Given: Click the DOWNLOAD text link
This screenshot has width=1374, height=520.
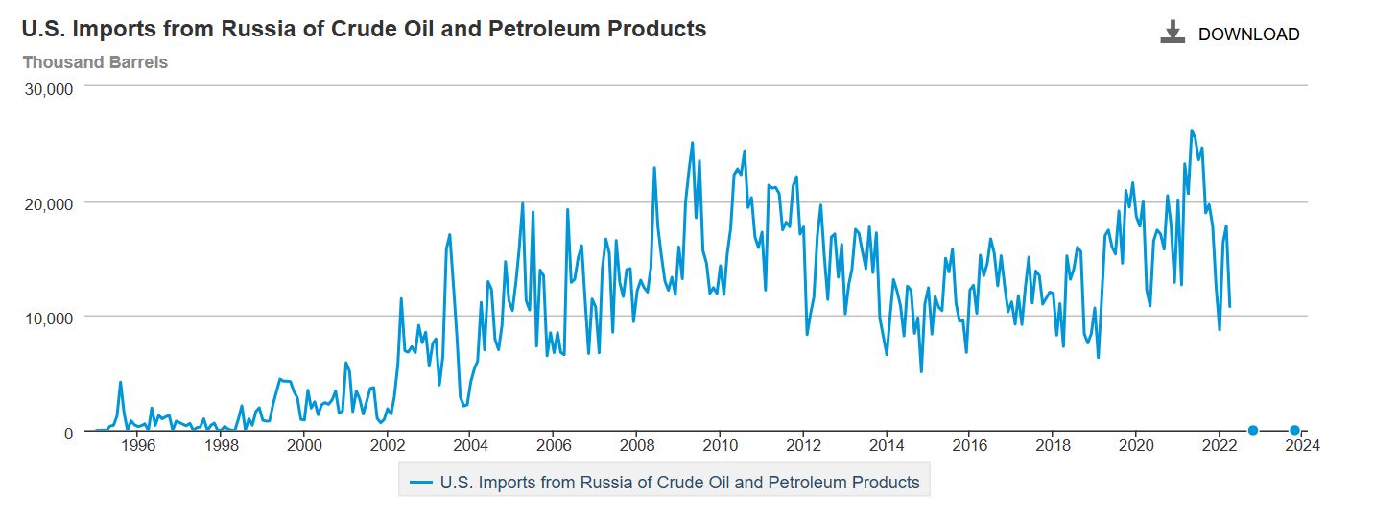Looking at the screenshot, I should (1248, 35).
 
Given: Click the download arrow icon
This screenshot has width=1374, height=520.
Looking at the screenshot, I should (1173, 33).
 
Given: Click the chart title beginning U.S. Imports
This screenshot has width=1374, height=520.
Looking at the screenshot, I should (364, 29).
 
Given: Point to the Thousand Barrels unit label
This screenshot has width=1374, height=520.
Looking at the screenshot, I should (95, 62).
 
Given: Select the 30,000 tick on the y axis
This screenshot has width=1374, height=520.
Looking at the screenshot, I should (48, 89).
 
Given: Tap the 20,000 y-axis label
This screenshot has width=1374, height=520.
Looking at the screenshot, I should (48, 203).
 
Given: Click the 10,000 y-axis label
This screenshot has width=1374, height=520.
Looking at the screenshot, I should (48, 318).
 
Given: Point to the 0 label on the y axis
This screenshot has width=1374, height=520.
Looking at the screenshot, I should (68, 433).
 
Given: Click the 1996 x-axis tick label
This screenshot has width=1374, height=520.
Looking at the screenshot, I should (138, 446).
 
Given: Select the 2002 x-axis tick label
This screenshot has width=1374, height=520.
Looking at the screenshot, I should (388, 446).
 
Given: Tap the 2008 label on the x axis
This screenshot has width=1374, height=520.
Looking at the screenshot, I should (637, 446).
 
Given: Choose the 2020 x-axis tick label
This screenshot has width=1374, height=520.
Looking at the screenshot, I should (1136, 446).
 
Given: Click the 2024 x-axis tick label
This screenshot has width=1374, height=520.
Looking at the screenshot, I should (1302, 446).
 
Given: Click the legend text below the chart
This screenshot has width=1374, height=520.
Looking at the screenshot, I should (679, 483).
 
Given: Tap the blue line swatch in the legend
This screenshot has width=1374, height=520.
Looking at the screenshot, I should (420, 483).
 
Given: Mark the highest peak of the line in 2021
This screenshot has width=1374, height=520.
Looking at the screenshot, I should (1191, 130).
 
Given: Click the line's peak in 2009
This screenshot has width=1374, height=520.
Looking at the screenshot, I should (692, 143).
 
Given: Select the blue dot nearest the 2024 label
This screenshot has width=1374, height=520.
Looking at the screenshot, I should (1294, 430).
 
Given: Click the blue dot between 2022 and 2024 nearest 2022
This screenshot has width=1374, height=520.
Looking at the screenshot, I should (1252, 430).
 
